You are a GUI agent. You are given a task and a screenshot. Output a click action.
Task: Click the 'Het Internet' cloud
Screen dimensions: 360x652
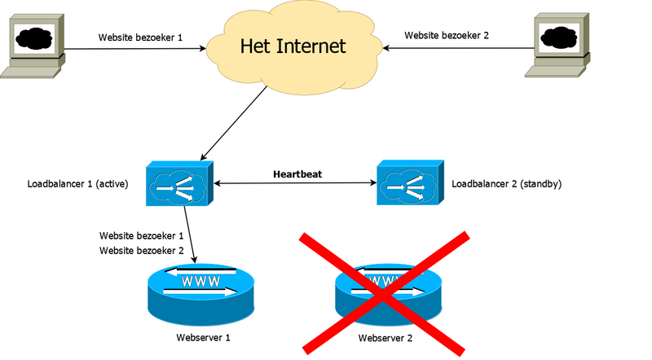point(293,47)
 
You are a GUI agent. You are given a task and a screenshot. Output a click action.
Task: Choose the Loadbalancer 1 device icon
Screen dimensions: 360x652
point(178,184)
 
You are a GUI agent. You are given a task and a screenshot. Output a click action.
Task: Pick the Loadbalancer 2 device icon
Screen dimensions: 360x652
point(410,184)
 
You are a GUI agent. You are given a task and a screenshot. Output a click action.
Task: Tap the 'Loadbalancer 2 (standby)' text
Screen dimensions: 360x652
point(506,184)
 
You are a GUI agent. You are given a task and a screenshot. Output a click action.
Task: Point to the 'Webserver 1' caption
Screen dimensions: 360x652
point(204,336)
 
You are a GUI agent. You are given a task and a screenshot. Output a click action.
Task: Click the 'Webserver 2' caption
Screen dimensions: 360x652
point(386,336)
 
